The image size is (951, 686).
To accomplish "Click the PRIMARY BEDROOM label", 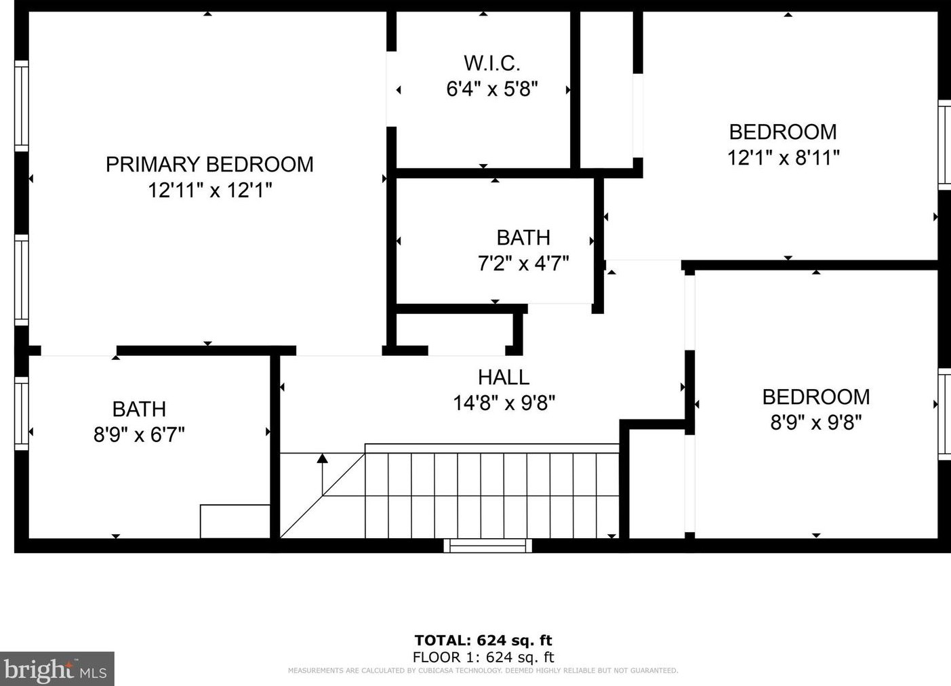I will click(x=209, y=164).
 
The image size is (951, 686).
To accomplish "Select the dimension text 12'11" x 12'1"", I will click(x=209, y=190).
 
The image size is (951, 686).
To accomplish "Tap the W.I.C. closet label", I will click(x=492, y=63).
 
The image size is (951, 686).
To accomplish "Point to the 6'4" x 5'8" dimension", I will click(x=492, y=89).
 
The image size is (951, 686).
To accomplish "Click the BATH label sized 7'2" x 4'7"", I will click(x=523, y=237).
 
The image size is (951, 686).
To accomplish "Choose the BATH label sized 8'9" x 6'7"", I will click(x=139, y=409).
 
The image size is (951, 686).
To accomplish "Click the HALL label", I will click(x=504, y=377).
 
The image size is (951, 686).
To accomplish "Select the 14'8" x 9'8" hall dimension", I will click(x=504, y=403).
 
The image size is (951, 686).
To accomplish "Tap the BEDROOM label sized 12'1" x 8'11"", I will click(x=783, y=132).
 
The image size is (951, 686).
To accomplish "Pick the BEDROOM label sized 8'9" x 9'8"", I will click(x=815, y=397).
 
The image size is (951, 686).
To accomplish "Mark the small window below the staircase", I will click(x=488, y=546).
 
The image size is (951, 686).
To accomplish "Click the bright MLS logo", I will click(x=57, y=669).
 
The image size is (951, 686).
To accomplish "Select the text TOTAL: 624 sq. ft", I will click(x=483, y=640).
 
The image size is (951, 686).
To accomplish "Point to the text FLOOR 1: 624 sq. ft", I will click(x=483, y=657).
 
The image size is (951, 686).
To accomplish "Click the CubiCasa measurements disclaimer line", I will click(x=483, y=671).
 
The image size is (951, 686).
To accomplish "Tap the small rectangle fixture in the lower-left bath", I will click(x=235, y=521).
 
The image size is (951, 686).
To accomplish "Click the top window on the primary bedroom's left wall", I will click(x=22, y=106).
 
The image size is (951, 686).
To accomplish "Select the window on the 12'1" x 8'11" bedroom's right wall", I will click(x=944, y=144).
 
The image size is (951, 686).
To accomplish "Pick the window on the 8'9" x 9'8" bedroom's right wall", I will click(x=944, y=413).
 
